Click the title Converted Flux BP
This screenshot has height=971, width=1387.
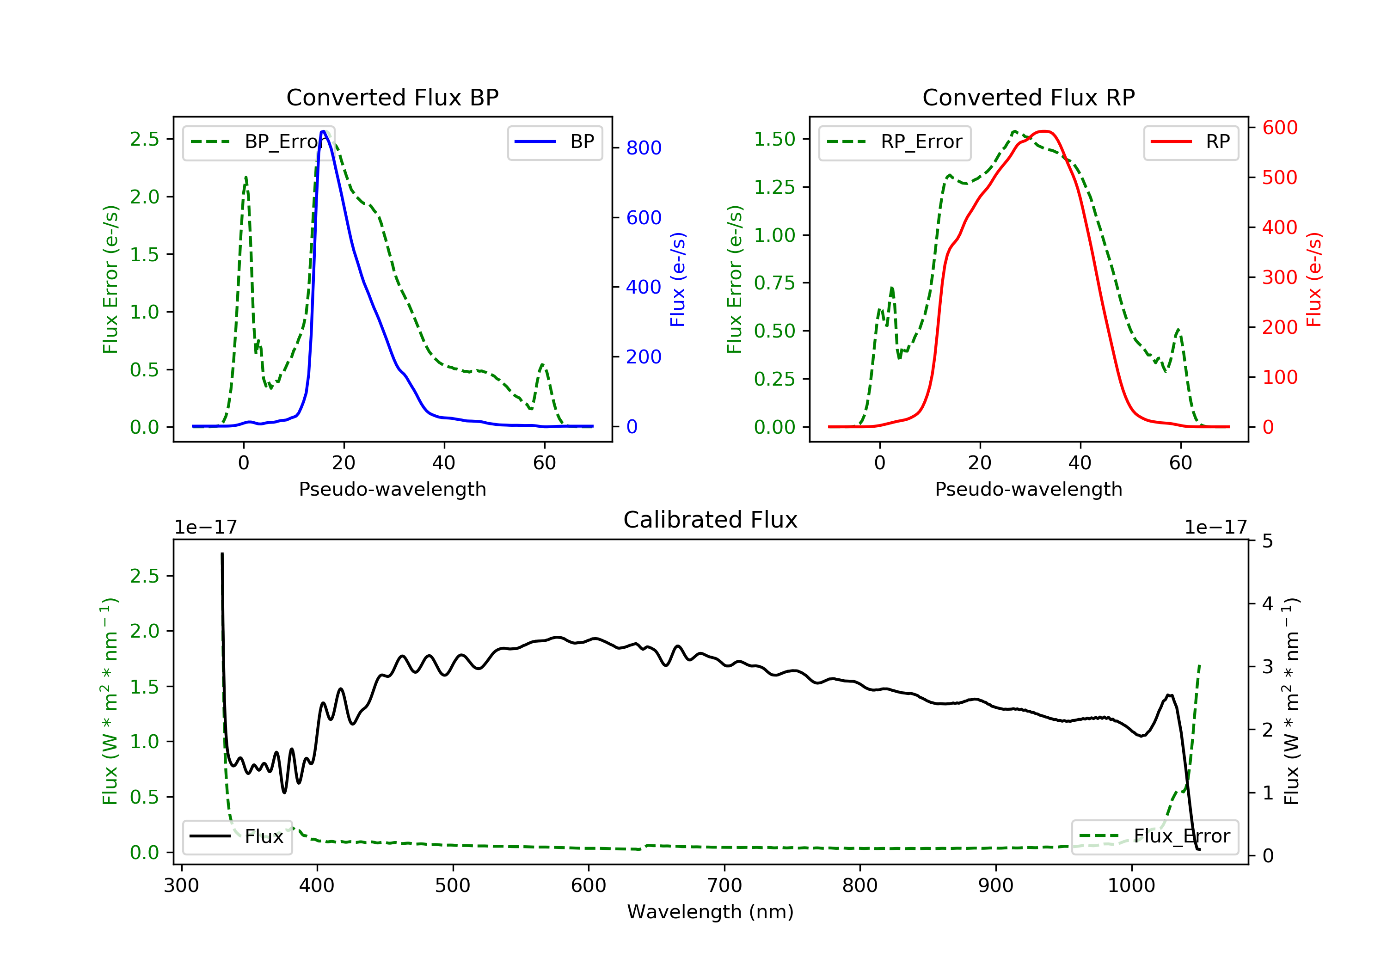click(392, 97)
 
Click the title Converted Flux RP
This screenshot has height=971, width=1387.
click(1028, 97)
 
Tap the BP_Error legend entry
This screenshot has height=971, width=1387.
click(258, 142)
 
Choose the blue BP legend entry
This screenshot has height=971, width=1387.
click(554, 142)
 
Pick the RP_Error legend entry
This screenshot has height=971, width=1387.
click(894, 142)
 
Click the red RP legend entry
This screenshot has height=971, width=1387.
click(1190, 142)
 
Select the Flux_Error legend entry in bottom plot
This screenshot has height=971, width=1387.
click(1154, 836)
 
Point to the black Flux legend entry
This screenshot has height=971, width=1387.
click(237, 836)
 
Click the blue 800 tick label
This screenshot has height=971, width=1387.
click(644, 148)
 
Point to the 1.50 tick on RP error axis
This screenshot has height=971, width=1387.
click(774, 140)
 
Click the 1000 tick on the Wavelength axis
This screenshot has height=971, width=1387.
click(1131, 886)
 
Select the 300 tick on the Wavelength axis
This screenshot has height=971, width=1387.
click(181, 886)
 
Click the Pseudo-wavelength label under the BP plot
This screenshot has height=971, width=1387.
click(392, 489)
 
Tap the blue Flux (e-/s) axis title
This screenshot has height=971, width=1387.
click(678, 279)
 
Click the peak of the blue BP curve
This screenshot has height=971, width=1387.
click(323, 131)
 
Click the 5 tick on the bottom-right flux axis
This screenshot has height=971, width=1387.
click(1267, 541)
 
